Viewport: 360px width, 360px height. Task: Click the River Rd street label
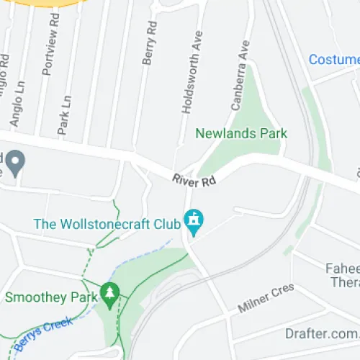[x=194, y=180]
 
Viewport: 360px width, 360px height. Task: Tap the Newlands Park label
[x=241, y=133]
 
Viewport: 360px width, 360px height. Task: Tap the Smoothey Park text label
[x=50, y=297]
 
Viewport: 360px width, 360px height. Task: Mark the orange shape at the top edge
[x=43, y=3]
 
